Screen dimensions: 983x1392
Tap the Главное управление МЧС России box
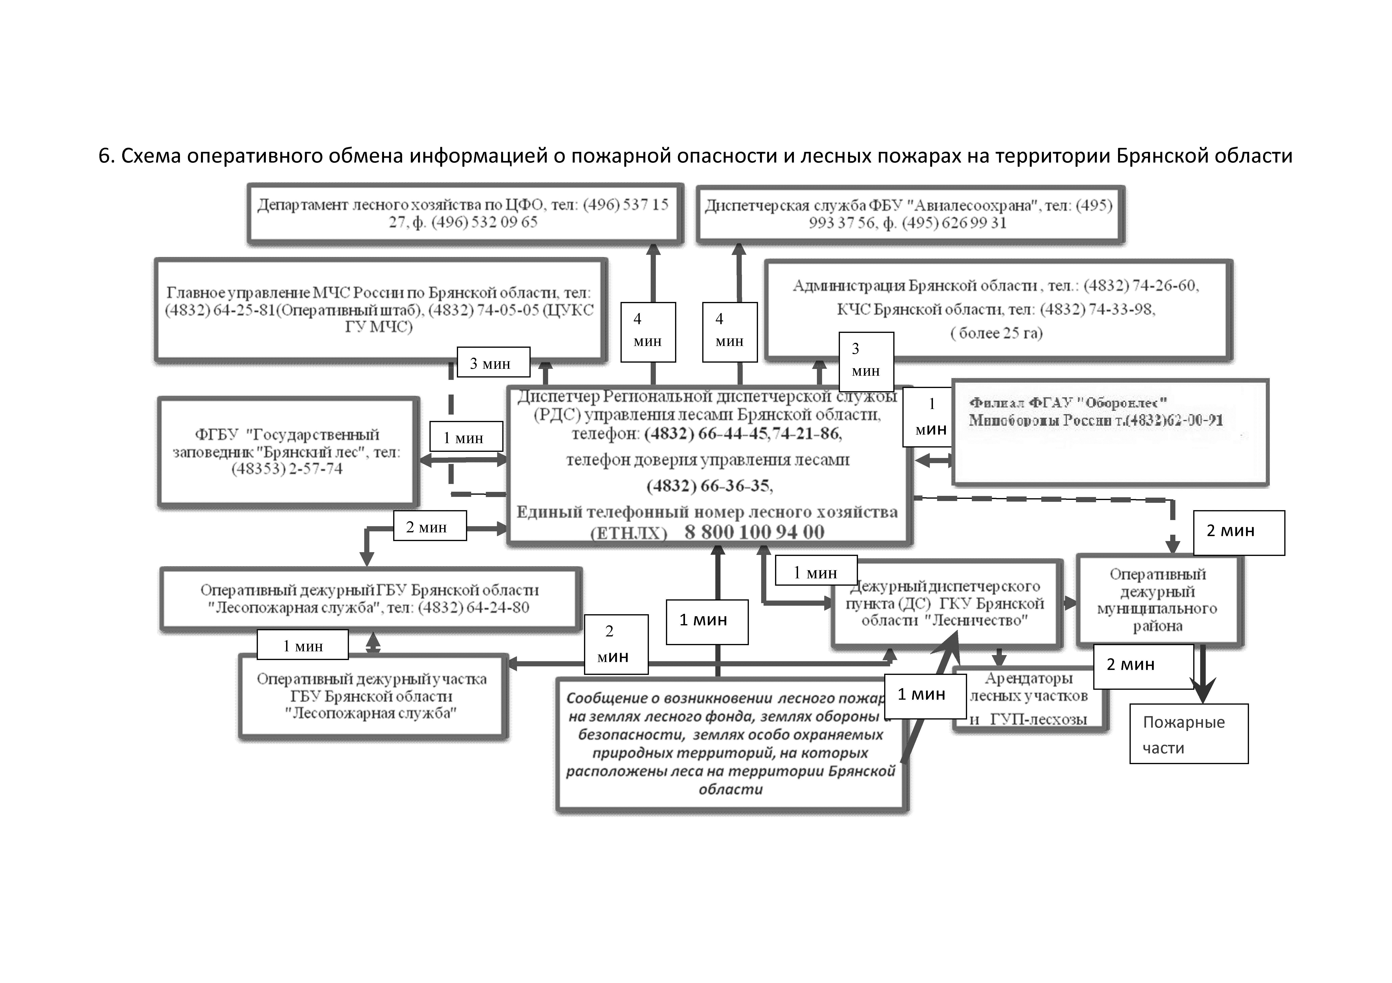point(380,309)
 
